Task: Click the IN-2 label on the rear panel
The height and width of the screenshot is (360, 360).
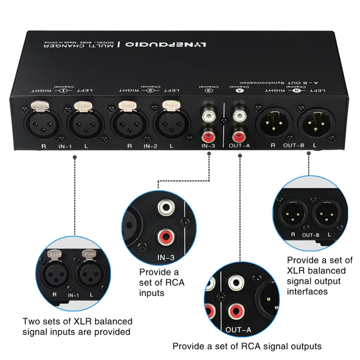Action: coord(150,146)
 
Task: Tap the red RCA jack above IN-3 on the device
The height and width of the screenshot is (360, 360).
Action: coord(208,134)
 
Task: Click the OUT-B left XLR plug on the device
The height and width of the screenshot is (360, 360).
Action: coord(310,122)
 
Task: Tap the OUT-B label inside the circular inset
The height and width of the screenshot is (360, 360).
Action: coord(310,234)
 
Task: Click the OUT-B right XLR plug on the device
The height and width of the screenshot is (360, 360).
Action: coord(269,122)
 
